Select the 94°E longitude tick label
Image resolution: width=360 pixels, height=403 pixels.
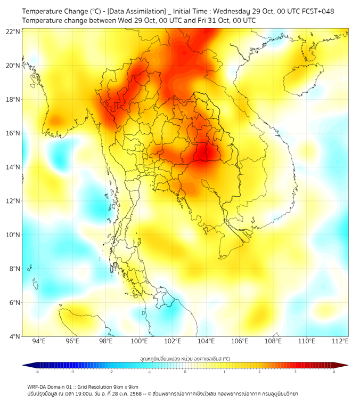point(39,341)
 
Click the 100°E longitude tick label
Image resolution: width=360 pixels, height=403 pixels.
point(140,341)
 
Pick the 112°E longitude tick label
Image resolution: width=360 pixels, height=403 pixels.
point(340,341)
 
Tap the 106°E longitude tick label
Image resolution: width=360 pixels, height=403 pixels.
point(240,341)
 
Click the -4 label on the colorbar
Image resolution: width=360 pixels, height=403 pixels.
point(37,372)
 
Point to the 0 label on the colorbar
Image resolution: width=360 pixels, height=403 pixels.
point(185,372)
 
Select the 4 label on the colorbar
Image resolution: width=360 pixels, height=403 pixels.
point(333,372)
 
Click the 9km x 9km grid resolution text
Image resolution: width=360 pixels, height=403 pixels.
point(124,386)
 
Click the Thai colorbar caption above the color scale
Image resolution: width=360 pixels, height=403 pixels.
point(185,358)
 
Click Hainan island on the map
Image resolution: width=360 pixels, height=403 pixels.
point(304,80)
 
